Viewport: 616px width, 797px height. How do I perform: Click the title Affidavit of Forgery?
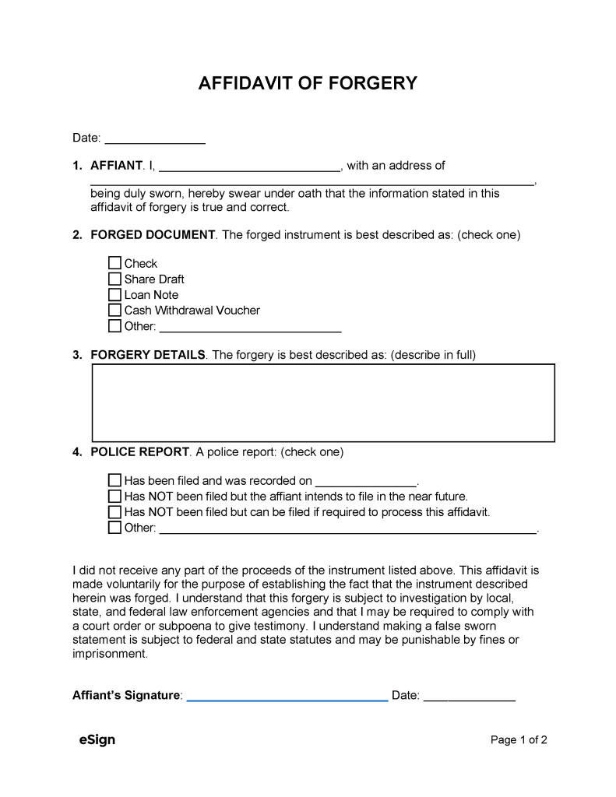point(308,83)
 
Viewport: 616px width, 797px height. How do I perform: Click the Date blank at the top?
point(154,139)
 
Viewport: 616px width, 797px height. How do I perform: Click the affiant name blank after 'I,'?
point(249,166)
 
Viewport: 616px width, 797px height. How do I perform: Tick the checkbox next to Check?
point(114,263)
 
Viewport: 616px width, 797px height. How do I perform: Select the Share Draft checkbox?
point(114,279)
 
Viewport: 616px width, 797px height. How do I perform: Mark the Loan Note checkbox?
point(114,294)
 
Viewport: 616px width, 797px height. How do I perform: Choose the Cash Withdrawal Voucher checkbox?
point(114,310)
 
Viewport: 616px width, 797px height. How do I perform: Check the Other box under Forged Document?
point(114,325)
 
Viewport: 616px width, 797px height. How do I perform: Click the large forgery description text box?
point(323,402)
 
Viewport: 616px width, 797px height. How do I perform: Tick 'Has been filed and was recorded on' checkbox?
point(114,480)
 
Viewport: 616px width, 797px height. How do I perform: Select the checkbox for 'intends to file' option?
point(114,496)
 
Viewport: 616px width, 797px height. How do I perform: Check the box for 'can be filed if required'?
point(114,511)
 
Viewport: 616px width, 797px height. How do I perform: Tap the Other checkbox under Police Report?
point(114,528)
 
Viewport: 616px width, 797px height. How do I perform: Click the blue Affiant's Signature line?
point(287,696)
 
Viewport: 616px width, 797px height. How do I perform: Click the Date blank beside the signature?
point(469,696)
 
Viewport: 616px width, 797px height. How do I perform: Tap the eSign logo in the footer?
point(97,739)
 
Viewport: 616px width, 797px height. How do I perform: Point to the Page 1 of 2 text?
point(519,740)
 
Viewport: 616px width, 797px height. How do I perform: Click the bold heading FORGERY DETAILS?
point(148,355)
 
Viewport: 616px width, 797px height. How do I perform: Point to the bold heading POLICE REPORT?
point(140,451)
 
